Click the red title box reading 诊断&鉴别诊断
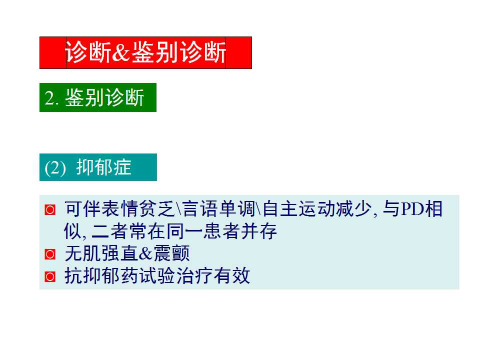tap(145, 52)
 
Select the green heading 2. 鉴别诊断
tap(98, 97)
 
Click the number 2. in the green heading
tap(52, 98)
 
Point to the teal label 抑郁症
tap(103, 167)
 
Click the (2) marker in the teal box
tap(55, 168)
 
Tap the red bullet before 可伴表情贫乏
tap(50, 210)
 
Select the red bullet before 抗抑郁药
tap(50, 276)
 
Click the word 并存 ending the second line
tap(265, 232)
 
